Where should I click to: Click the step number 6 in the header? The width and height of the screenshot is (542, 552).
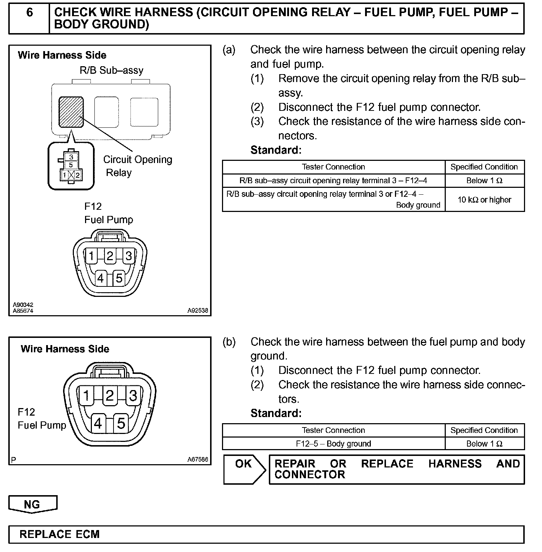click(x=29, y=13)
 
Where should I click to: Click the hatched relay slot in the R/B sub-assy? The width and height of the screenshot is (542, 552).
click(x=71, y=112)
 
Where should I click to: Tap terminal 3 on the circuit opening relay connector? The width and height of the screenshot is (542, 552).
click(x=71, y=157)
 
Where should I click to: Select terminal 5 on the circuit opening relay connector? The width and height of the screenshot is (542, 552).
click(x=71, y=165)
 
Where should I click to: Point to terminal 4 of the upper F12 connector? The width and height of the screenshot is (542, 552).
click(x=101, y=278)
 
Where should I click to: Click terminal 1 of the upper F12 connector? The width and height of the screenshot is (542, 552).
click(x=91, y=256)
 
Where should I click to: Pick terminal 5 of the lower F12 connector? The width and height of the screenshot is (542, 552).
click(x=121, y=424)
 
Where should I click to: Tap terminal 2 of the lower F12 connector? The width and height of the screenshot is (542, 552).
click(x=110, y=395)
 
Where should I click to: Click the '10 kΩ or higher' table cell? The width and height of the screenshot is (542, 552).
click(x=484, y=200)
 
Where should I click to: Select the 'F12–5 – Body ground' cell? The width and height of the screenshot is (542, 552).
click(x=333, y=444)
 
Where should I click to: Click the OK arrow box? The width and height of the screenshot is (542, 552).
click(x=244, y=469)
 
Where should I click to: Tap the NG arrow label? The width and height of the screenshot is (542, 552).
click(x=32, y=505)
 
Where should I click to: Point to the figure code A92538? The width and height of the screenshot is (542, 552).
click(x=197, y=311)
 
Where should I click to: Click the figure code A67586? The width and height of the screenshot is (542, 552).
click(x=197, y=460)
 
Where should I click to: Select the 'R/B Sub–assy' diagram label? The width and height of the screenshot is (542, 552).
click(x=111, y=70)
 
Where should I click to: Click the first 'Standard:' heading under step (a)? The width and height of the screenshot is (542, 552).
click(x=276, y=150)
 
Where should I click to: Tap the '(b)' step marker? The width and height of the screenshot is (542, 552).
click(x=229, y=342)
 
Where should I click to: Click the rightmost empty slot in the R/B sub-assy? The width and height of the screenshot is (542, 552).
click(x=144, y=112)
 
